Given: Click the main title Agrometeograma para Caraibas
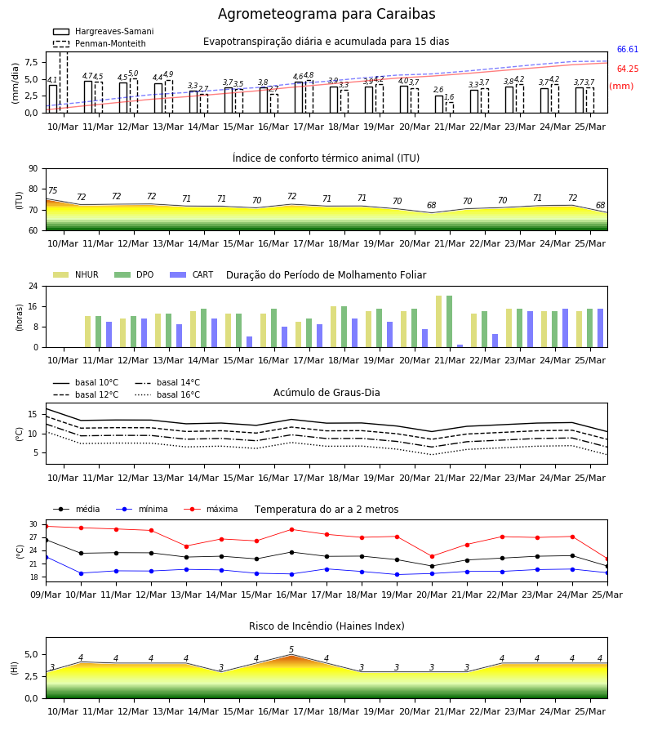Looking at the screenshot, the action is point(326,14).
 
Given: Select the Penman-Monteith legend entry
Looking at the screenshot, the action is point(100,43).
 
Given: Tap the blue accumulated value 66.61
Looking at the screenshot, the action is point(627,49).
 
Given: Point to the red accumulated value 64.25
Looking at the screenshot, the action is point(628,69).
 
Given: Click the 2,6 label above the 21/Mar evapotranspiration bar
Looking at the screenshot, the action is point(438,90).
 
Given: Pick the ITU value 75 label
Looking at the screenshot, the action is point(52,190).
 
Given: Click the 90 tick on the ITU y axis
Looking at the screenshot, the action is point(33,169).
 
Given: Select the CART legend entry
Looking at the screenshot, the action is point(192,274).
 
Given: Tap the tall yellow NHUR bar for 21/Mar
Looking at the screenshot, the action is point(439,322).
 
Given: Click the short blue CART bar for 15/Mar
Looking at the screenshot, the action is point(249,341).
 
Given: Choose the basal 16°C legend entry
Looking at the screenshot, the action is point(167,394).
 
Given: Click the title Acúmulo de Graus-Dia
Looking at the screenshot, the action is point(326,393).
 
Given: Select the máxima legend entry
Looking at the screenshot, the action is point(211,509).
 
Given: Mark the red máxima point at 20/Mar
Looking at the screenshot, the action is point(432,556).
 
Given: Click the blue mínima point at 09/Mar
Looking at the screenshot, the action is point(46,557).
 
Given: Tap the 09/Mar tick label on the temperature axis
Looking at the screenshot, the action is point(46,595).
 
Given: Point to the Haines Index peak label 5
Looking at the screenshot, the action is point(291,649).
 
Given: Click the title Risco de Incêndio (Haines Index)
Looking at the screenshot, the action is point(326,626).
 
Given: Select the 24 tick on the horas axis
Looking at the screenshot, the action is point(33,286).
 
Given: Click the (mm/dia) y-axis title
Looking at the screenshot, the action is point(15,83).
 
